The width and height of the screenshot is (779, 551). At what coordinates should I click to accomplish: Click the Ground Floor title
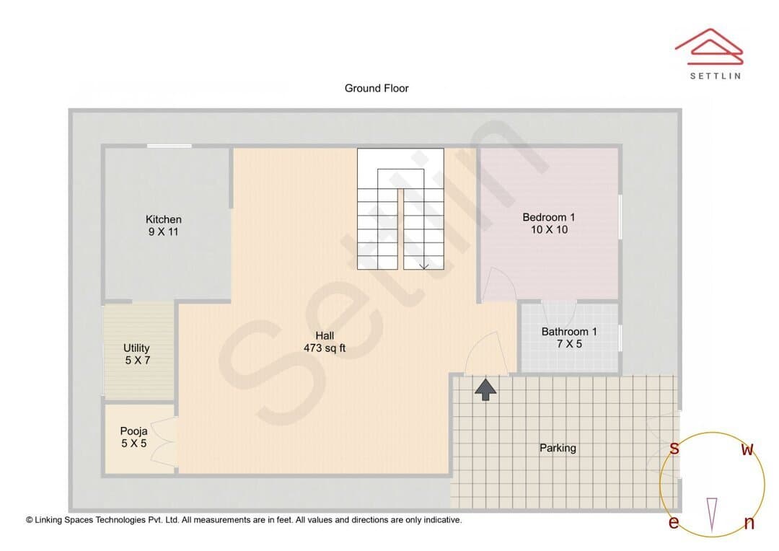[x=377, y=89]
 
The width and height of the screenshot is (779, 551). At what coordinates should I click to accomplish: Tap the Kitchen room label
[x=164, y=219]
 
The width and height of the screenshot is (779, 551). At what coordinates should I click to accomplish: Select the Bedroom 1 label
[x=548, y=217]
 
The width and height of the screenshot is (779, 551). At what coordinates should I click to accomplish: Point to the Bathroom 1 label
[x=569, y=332]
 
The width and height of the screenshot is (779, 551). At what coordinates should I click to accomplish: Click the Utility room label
[x=136, y=348]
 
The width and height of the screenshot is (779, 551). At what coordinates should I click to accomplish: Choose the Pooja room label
[x=133, y=431]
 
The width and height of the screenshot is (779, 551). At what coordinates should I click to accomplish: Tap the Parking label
[x=558, y=448]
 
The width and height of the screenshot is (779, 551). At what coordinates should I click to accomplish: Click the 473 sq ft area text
[x=325, y=348]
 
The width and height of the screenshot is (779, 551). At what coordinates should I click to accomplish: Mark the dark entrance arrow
[x=485, y=389]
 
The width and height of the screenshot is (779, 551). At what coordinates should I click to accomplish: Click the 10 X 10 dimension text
[x=549, y=229]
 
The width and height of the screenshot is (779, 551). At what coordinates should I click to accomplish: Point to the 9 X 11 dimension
[x=163, y=232]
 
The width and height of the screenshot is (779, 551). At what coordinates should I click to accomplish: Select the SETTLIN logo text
[x=716, y=76]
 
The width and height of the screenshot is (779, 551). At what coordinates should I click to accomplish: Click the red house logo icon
[x=709, y=47]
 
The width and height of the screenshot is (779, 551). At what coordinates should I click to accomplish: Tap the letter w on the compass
[x=747, y=449]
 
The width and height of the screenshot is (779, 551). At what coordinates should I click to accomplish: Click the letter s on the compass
[x=674, y=448]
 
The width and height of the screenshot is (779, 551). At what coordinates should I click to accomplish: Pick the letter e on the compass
[x=674, y=522]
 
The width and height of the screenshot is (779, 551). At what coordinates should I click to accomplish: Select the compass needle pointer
[x=712, y=515]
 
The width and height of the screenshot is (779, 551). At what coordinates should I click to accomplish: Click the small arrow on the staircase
[x=424, y=266]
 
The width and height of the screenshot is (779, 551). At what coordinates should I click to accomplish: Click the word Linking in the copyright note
[x=49, y=520]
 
